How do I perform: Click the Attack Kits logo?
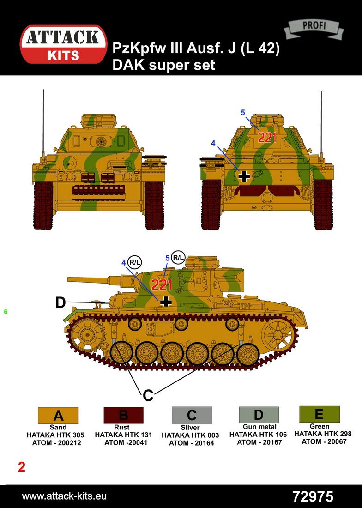63,44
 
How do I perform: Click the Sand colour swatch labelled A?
58,415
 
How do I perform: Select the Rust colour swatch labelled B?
123,415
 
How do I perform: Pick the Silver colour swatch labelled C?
192,415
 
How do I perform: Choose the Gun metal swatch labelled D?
259,415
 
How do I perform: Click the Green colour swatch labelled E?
319,414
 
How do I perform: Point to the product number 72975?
313,496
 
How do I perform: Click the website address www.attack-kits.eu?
64,496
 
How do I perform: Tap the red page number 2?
22,467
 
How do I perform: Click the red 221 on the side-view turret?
162,285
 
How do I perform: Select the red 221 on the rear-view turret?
267,138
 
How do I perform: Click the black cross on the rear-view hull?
244,176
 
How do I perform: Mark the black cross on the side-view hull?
166,301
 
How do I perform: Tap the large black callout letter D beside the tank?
60,302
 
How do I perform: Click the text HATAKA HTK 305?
55,435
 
